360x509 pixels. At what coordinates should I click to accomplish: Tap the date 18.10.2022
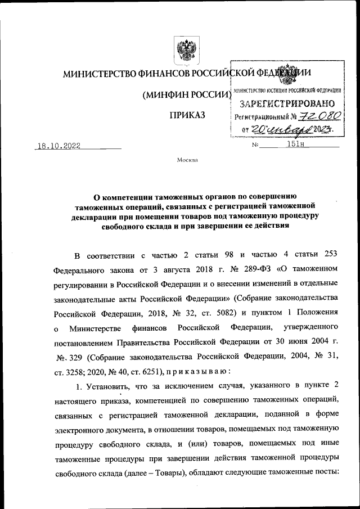click(x=57, y=145)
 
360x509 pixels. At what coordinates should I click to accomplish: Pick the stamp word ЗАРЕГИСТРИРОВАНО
click(x=287, y=103)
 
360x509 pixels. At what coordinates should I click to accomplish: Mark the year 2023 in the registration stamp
click(x=321, y=130)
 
